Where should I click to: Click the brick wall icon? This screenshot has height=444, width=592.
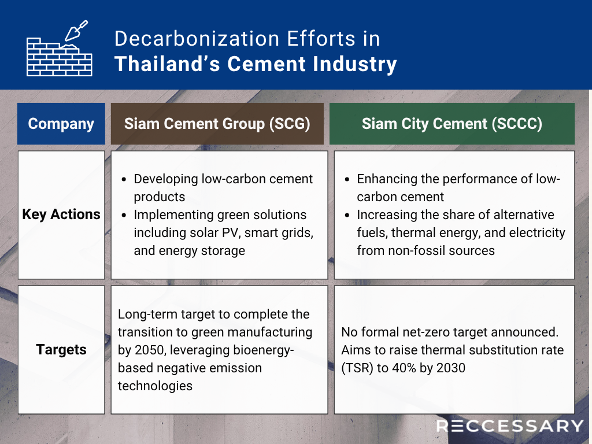point(60,57)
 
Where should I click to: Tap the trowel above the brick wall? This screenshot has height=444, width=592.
point(76,31)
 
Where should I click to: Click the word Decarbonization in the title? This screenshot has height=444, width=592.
point(197,39)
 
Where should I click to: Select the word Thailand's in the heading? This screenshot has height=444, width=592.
point(167,64)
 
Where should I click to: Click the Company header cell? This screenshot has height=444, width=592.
point(61,124)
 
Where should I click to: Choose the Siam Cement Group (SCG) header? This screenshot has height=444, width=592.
point(217,124)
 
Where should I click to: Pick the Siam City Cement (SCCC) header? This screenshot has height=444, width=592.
point(452,124)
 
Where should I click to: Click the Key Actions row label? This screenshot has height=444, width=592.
point(61,214)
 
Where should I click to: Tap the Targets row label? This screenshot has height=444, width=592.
point(61,350)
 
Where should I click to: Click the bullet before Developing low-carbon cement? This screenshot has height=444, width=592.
point(124,179)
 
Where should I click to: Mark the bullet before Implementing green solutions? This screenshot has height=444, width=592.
point(124,215)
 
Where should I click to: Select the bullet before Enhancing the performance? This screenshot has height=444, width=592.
point(347,179)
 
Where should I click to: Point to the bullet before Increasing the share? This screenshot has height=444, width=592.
point(347,215)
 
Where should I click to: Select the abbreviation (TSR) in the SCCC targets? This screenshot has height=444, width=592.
point(357,368)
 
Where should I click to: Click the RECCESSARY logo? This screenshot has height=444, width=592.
point(510,426)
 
